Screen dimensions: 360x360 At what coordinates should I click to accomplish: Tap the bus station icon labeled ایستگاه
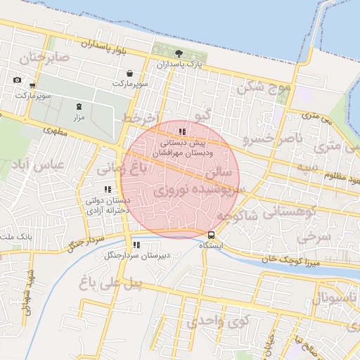click(x=211, y=234)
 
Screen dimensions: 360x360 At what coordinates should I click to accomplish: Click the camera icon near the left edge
click(x=17, y=79)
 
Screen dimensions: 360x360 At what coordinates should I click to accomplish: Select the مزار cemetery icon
click(x=78, y=107)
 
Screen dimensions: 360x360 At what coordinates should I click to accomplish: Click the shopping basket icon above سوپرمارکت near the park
click(x=130, y=73)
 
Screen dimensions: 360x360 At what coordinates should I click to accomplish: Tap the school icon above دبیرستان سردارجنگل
click(x=136, y=245)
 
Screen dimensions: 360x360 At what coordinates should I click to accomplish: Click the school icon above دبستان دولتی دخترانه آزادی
click(x=107, y=189)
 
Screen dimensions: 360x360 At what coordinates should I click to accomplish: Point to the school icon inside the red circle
click(x=182, y=131)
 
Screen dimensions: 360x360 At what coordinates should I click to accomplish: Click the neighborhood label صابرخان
click(x=45, y=58)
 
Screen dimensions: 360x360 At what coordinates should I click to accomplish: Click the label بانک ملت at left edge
click(x=15, y=239)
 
